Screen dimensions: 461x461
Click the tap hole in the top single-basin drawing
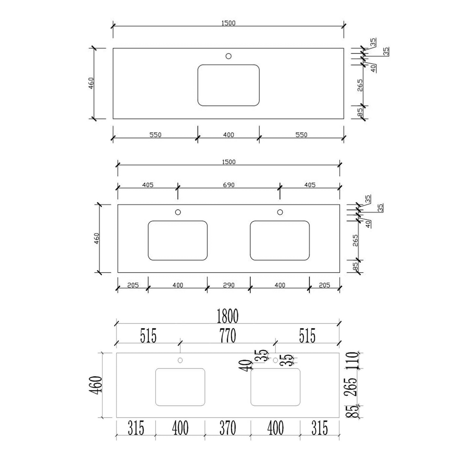(229, 56)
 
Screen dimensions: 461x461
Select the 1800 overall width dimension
(227, 316)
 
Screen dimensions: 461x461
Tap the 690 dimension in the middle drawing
(229, 185)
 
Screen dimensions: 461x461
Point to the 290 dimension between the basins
(229, 285)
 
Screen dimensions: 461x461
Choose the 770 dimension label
(228, 336)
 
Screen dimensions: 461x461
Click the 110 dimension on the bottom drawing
(353, 360)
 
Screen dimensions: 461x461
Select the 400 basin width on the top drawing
(229, 135)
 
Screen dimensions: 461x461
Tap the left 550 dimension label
(156, 135)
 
